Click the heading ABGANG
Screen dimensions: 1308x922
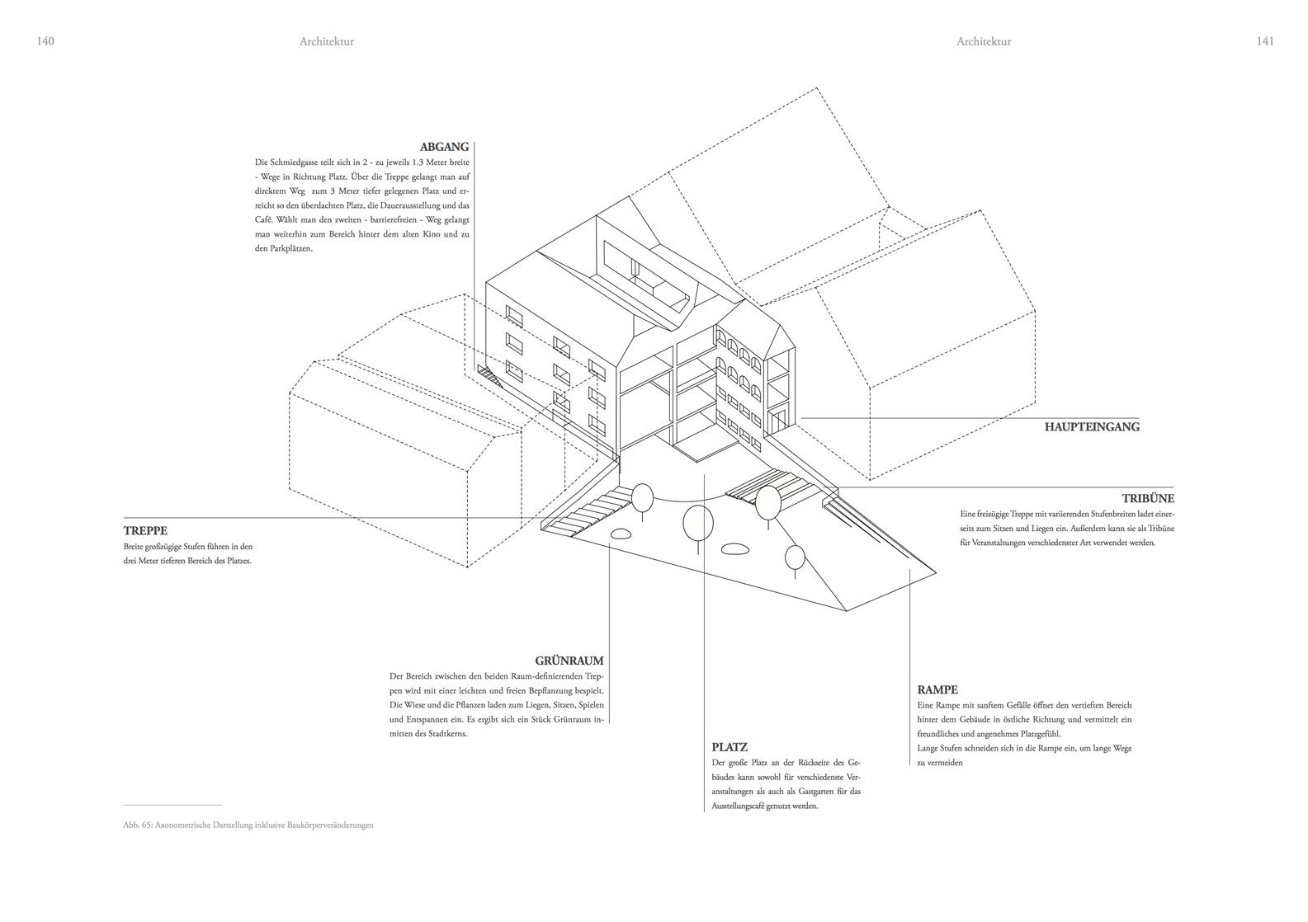tap(444, 147)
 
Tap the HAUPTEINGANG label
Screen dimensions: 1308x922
tap(1092, 427)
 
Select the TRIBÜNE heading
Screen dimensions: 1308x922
tap(1148, 499)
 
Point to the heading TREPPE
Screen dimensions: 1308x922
tap(145, 531)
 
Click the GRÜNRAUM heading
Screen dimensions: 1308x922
tap(569, 661)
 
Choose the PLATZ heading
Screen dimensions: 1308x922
tap(730, 747)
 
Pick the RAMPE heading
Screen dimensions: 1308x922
tap(937, 689)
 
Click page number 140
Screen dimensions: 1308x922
tap(45, 41)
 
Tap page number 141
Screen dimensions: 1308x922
tap(1265, 41)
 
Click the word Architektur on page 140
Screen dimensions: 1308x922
tap(327, 41)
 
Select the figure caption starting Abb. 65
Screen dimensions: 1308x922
tap(248, 826)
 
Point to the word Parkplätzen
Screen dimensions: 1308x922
tap(291, 248)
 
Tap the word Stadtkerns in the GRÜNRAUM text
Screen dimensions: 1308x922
tap(447, 734)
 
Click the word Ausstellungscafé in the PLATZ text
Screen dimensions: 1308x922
tap(742, 807)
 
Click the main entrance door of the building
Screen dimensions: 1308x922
tap(778, 422)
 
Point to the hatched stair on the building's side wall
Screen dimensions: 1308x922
tap(489, 376)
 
